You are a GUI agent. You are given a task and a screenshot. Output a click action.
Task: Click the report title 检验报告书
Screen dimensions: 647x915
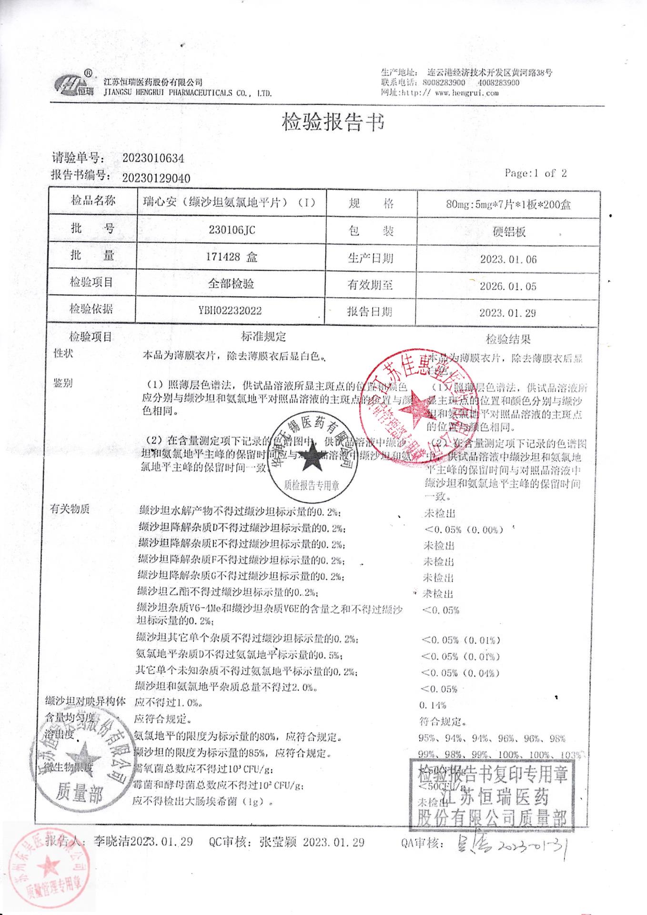click(x=333, y=122)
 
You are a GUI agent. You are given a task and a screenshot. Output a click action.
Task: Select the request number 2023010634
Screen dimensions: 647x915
click(x=153, y=158)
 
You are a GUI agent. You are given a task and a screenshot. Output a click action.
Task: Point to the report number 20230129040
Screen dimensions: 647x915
click(x=156, y=178)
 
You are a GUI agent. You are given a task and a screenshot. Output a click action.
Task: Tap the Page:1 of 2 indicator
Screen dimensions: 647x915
click(x=536, y=173)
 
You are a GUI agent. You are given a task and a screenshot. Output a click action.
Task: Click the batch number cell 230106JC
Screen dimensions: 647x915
click(x=232, y=230)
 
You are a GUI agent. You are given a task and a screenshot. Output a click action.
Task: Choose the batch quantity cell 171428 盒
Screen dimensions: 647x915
click(x=232, y=257)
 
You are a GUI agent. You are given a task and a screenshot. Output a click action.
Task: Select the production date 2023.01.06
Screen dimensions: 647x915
click(x=508, y=259)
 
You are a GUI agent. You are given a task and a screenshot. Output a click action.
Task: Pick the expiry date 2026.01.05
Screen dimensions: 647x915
click(x=508, y=286)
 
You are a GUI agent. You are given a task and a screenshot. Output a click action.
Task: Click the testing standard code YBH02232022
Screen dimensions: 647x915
click(x=230, y=311)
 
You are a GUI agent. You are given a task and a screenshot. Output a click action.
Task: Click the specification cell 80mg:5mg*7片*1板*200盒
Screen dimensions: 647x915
click(x=508, y=205)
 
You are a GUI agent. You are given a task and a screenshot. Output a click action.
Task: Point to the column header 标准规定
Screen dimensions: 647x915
click(x=263, y=337)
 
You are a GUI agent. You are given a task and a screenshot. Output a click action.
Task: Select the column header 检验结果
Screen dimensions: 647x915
click(x=508, y=339)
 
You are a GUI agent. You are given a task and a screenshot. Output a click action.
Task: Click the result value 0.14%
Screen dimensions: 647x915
click(x=433, y=705)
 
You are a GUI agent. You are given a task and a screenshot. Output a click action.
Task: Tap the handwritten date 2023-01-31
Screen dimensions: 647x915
click(x=534, y=845)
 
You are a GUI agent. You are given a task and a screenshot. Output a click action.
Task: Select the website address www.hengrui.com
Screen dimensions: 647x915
click(x=466, y=93)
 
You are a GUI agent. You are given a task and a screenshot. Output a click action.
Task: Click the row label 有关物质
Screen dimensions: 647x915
click(x=70, y=509)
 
